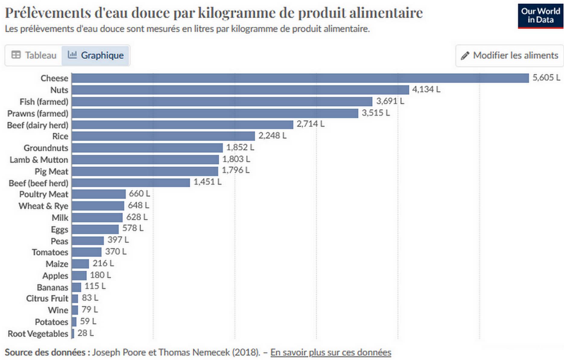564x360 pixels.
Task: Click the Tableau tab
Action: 34,56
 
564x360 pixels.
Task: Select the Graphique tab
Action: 96,56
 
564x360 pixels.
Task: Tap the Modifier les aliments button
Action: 509,56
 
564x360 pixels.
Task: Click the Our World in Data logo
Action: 540,16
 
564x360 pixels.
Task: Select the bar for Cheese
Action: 300,78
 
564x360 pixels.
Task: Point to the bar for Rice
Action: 163,136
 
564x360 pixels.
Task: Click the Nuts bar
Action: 240,90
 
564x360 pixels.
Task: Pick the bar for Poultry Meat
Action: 99,194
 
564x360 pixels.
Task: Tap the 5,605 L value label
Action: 546,78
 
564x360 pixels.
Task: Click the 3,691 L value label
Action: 390,101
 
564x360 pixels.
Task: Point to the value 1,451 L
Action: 207,182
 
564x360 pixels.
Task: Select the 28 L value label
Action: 85,333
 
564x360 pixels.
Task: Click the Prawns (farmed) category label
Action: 38,114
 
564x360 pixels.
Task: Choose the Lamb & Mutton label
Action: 39,160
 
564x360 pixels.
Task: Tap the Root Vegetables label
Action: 38,334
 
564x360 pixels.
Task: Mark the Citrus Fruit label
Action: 47,298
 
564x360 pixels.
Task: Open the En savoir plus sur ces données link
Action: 331,352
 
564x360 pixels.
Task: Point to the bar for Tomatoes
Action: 87,252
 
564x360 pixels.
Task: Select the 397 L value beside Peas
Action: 118,240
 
